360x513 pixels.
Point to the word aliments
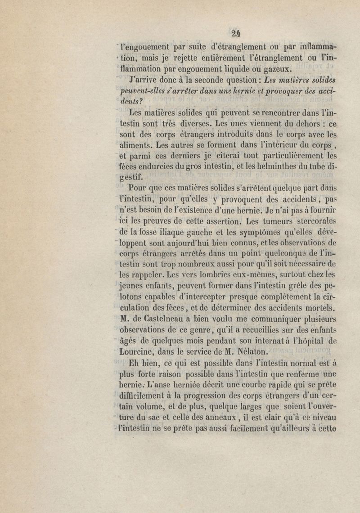click(x=138, y=146)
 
